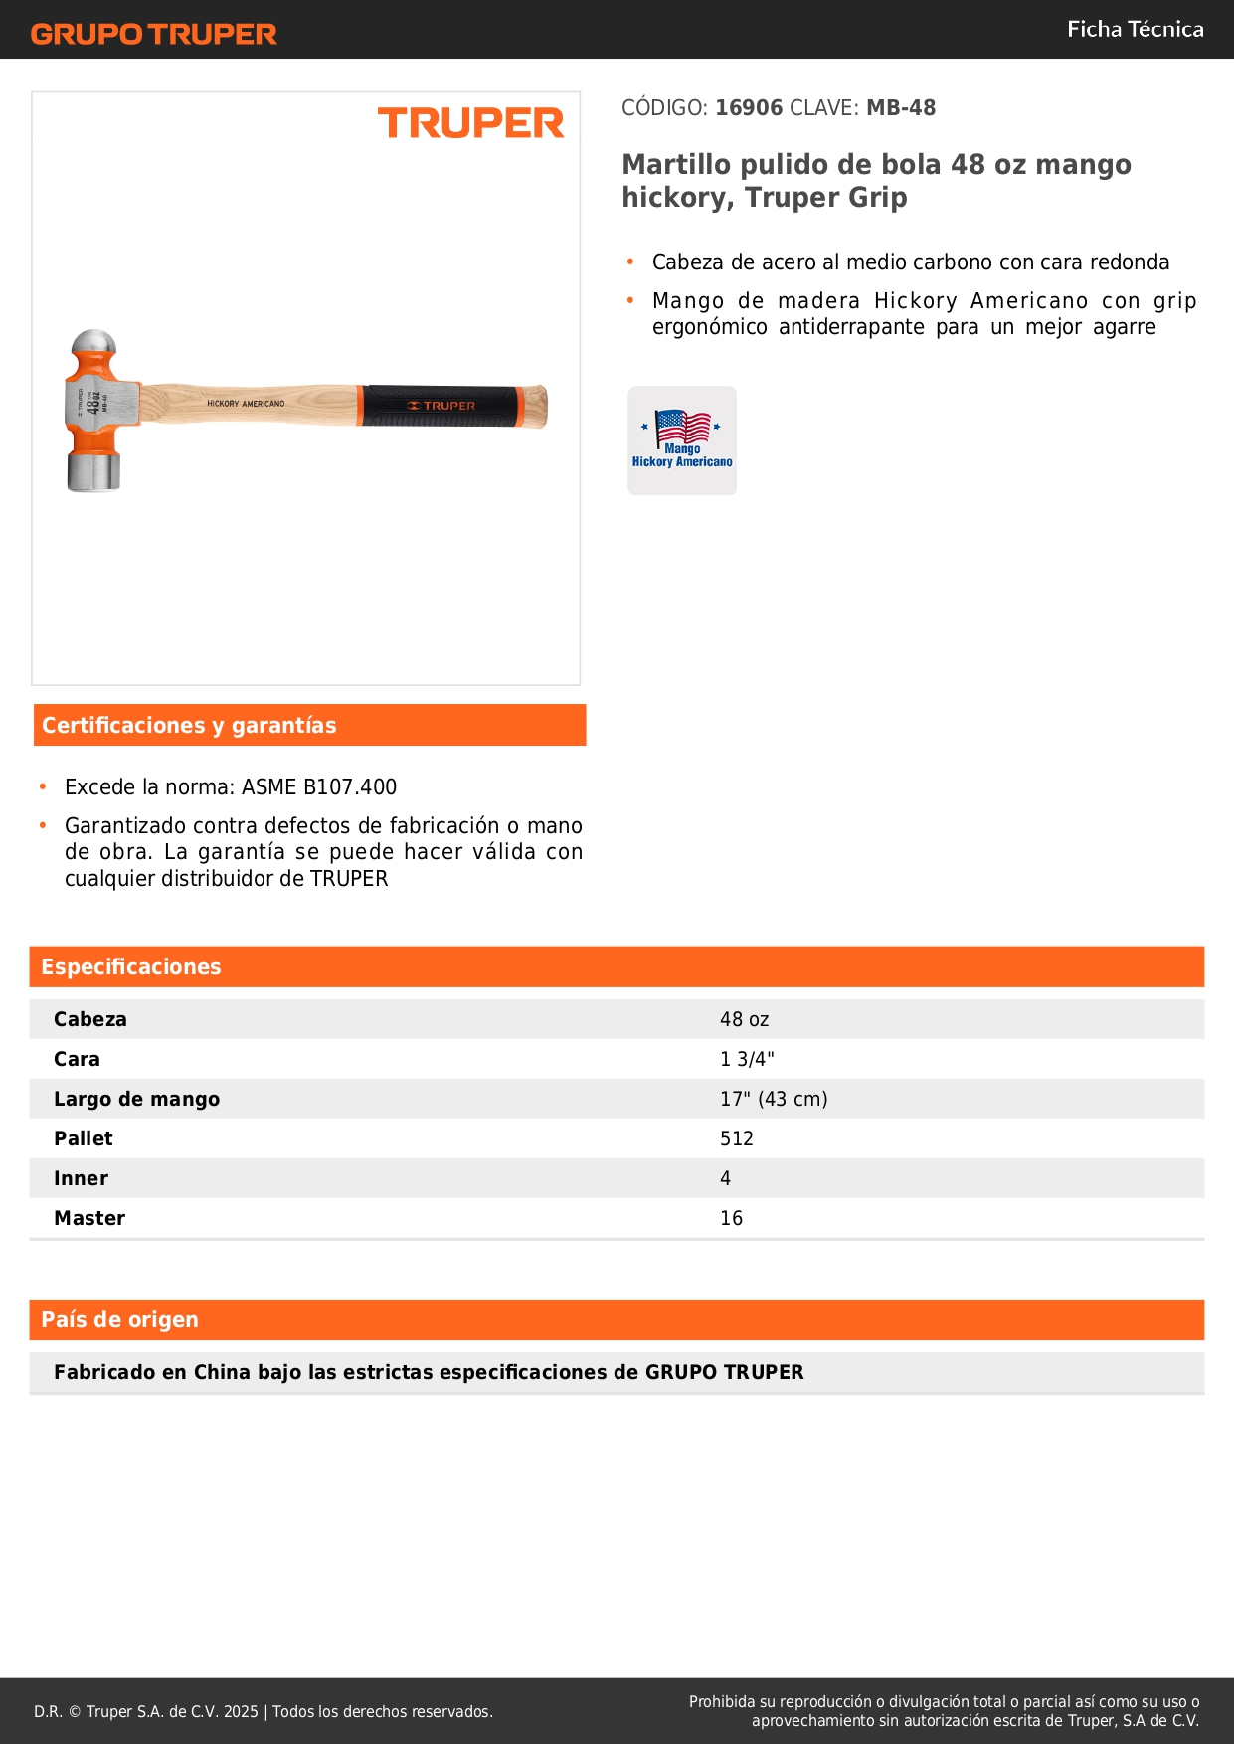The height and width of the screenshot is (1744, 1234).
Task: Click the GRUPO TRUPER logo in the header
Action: (154, 34)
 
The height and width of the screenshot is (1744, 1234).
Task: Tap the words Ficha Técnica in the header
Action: (1135, 30)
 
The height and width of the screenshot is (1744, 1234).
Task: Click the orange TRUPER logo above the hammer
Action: (470, 123)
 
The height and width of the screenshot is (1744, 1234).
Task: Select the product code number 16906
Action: (749, 108)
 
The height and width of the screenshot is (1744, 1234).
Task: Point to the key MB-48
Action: (901, 108)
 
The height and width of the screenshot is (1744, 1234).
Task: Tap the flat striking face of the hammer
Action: (92, 474)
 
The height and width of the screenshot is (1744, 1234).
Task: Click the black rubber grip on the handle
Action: (440, 406)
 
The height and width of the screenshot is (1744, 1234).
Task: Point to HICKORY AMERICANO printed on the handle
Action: (246, 404)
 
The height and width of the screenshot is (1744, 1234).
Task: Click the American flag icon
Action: (682, 427)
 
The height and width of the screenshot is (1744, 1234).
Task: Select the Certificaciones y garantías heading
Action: (189, 726)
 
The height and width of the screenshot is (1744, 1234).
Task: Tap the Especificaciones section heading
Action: (131, 967)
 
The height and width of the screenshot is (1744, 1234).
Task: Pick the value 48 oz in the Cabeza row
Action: (744, 1020)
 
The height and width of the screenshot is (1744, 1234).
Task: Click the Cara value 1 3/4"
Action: (747, 1060)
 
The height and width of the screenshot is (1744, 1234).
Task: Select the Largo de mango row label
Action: (137, 1100)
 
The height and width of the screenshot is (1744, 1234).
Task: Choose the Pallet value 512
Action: (737, 1139)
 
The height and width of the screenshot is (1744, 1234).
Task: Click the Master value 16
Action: (731, 1219)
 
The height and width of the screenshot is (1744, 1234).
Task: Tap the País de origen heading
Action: (119, 1320)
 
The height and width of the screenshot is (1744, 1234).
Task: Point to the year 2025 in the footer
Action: (241, 1712)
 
